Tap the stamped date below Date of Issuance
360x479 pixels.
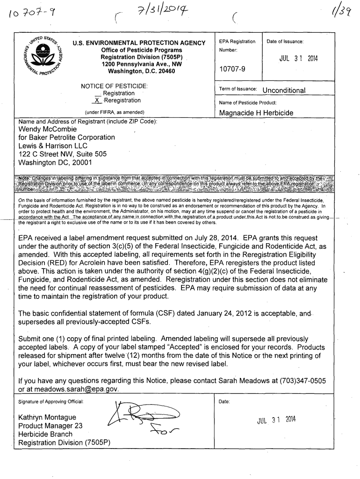tap(298, 58)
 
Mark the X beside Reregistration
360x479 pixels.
tap(97, 101)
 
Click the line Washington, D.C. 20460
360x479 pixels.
tap(141, 71)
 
